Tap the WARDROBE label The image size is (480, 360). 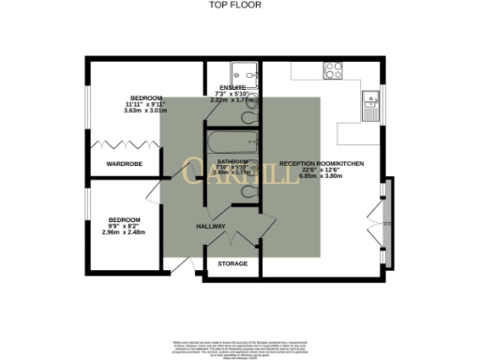point(124,164)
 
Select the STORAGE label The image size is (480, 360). point(232,263)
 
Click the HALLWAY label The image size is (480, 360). point(211,227)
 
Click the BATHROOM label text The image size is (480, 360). point(232,161)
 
